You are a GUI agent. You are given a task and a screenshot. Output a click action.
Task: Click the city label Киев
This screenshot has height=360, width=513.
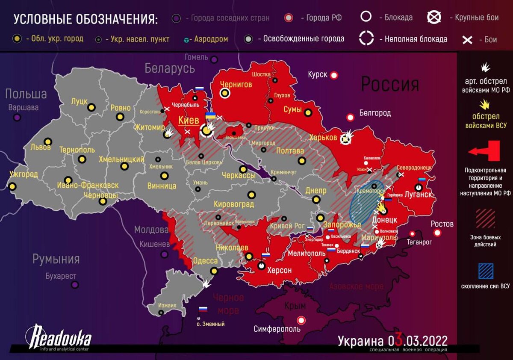[189, 121]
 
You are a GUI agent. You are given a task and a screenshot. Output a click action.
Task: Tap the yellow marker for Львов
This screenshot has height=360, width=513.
[48, 142]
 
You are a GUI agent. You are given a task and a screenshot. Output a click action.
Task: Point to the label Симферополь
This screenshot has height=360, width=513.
[277, 329]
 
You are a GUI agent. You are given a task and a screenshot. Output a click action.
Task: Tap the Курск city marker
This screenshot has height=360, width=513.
[334, 75]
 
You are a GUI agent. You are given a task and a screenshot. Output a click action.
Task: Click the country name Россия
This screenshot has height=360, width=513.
[390, 85]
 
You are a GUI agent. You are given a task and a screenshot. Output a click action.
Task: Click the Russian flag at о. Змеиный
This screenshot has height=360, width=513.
[203, 309]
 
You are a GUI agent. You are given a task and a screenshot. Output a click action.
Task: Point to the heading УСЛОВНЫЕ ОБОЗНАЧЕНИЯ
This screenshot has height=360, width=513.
[85, 20]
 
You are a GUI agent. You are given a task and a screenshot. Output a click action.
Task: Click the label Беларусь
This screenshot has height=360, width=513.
[170, 68]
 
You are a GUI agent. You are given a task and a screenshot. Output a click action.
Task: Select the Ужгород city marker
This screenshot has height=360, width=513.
[12, 186]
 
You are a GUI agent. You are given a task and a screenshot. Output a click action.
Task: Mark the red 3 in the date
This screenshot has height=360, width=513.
[398, 341]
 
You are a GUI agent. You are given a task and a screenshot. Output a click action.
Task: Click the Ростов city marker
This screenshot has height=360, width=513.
[437, 233]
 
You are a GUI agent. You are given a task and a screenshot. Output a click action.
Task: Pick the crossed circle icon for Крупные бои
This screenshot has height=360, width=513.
[435, 17]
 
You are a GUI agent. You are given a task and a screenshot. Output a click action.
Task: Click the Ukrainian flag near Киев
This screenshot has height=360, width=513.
[210, 116]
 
